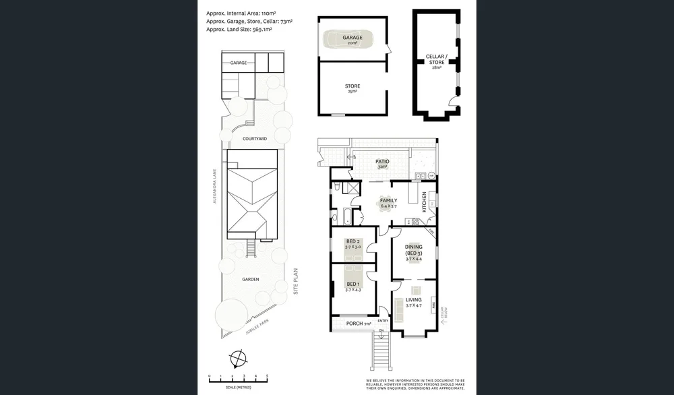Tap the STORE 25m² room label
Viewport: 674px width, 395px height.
point(352,88)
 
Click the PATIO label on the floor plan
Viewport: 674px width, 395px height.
point(383,162)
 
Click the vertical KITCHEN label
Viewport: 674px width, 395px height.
point(424,201)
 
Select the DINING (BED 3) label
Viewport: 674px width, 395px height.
point(413,250)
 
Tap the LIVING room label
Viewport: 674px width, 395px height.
point(413,301)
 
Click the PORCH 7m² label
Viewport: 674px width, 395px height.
point(358,324)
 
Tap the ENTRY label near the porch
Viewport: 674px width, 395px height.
point(383,321)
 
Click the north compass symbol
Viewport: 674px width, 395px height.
point(237,358)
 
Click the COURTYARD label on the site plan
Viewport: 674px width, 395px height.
point(255,138)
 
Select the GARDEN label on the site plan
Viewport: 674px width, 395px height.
point(251,279)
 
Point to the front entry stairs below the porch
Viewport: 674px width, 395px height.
point(381,351)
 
